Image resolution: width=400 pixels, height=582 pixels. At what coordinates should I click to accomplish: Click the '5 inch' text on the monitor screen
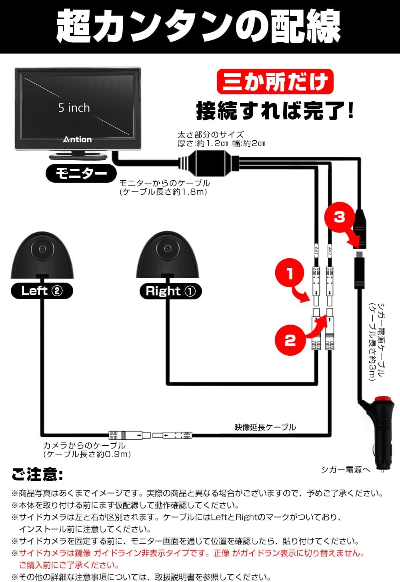click(x=74, y=108)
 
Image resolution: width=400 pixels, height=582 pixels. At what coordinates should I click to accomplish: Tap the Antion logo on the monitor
click(x=77, y=140)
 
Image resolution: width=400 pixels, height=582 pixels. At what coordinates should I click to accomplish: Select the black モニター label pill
click(x=81, y=173)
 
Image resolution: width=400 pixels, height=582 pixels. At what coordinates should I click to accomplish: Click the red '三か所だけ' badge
click(x=275, y=81)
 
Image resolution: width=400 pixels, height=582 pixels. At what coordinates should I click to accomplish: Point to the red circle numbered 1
click(x=290, y=273)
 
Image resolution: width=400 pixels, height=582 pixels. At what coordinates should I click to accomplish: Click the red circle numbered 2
click(x=290, y=340)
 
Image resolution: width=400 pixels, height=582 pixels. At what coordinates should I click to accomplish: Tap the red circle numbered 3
click(x=339, y=217)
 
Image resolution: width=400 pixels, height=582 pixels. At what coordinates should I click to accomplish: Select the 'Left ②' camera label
click(x=42, y=291)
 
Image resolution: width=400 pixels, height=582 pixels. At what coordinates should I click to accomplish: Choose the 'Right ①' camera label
click(x=171, y=291)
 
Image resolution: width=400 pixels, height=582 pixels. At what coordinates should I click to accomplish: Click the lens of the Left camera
click(x=42, y=249)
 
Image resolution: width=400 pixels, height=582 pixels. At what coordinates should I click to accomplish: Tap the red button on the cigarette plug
click(x=384, y=399)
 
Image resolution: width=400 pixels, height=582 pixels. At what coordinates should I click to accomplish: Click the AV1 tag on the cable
click(x=316, y=250)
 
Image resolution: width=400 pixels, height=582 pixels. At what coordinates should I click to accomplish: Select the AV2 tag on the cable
click(x=330, y=250)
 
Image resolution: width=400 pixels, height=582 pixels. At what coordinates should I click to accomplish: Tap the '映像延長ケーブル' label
click(x=265, y=427)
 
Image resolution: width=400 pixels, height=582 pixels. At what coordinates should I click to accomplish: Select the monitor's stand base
click(x=78, y=156)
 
